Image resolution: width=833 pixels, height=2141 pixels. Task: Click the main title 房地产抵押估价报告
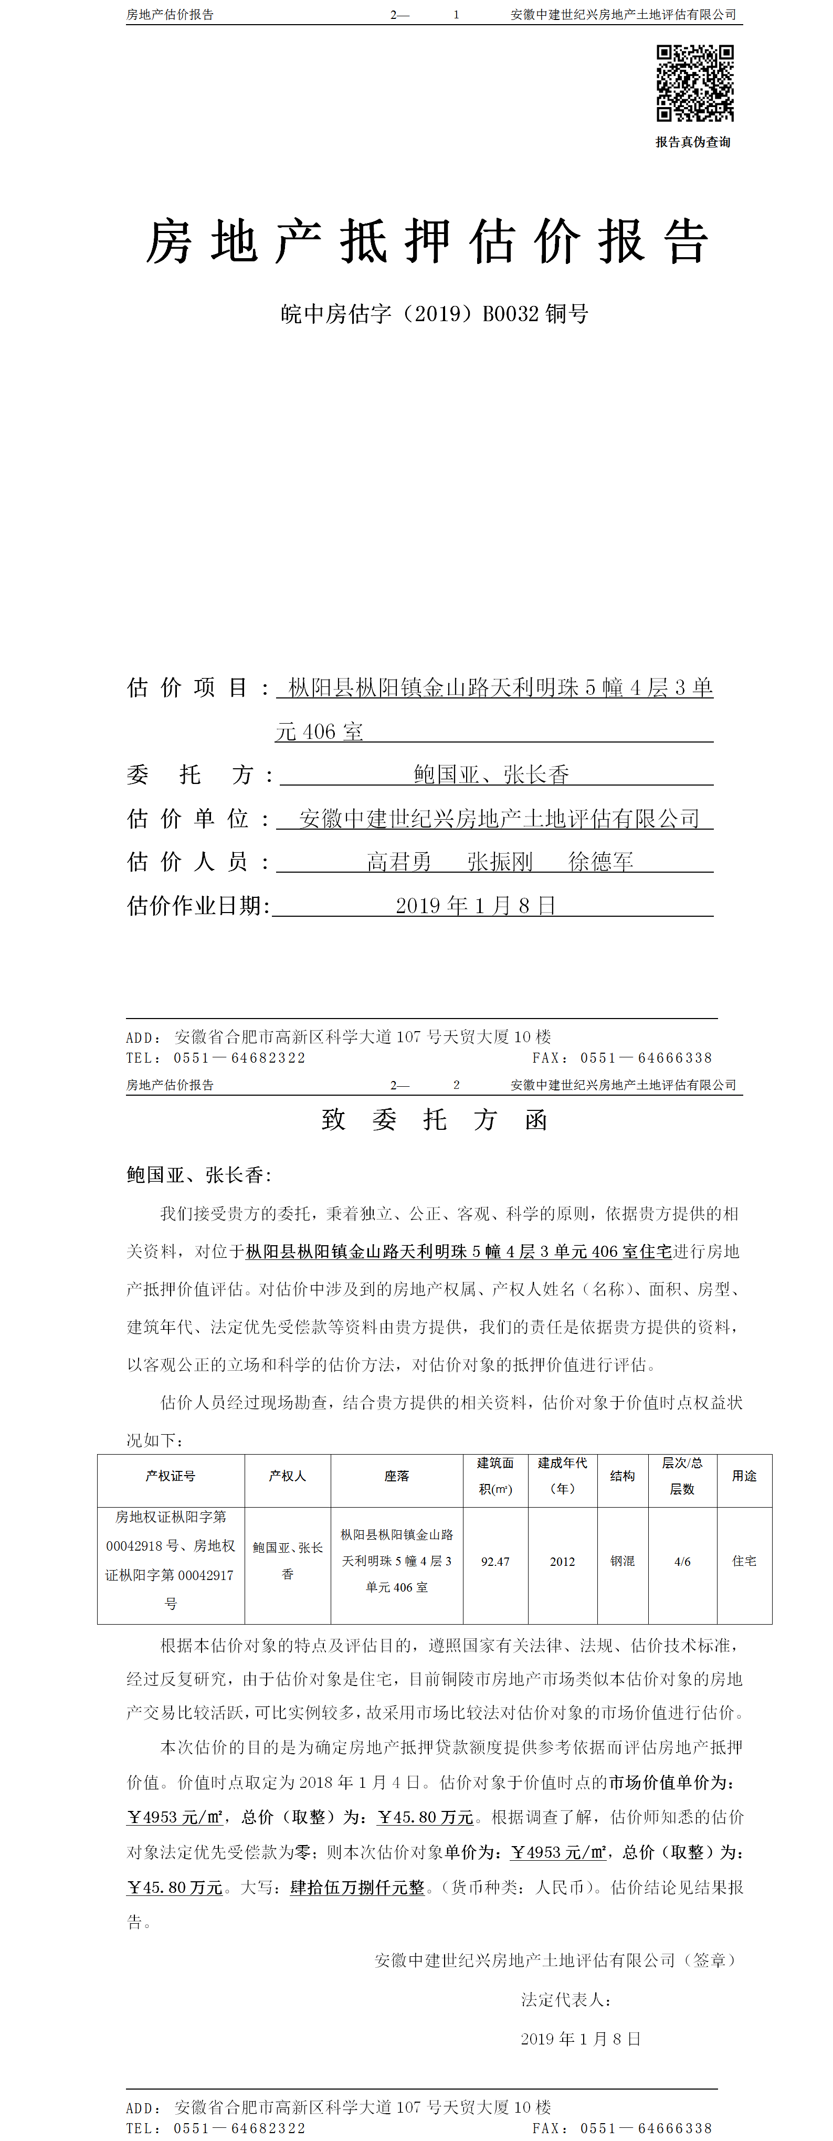pos(427,242)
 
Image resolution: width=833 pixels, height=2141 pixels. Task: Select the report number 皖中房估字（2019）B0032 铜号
pos(434,314)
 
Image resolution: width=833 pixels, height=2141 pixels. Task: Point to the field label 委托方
pos(199,775)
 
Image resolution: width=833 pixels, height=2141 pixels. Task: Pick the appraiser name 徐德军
pos(600,862)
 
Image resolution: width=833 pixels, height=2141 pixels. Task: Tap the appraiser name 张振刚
pos(500,862)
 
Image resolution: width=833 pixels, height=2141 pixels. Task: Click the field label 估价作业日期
pos(198,905)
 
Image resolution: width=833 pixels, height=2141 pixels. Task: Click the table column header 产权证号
pos(171,1476)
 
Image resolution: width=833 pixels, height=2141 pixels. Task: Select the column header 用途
pos(744,1476)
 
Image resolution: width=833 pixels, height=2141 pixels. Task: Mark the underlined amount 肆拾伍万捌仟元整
pos(357,1888)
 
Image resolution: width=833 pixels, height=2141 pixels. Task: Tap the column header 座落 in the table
pos(396,1476)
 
